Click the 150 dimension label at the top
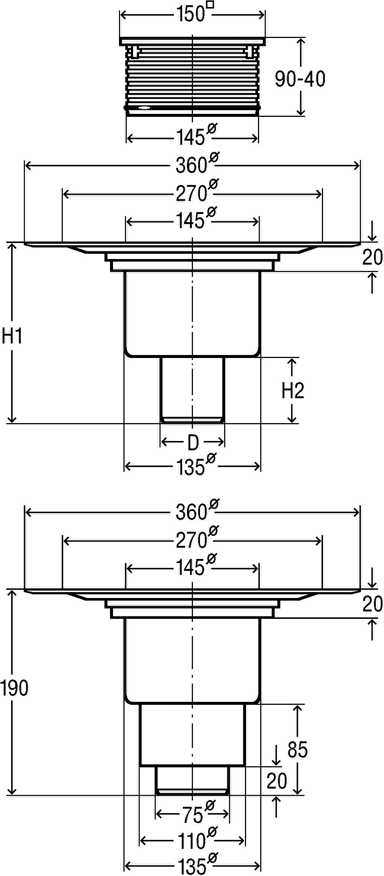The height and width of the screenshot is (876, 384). [190, 15]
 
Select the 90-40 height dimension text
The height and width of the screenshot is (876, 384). [300, 79]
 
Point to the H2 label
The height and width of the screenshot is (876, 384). [293, 391]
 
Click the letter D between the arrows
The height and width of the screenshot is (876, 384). [193, 442]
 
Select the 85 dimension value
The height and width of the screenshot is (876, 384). [298, 750]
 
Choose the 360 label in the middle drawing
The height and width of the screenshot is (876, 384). [191, 165]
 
